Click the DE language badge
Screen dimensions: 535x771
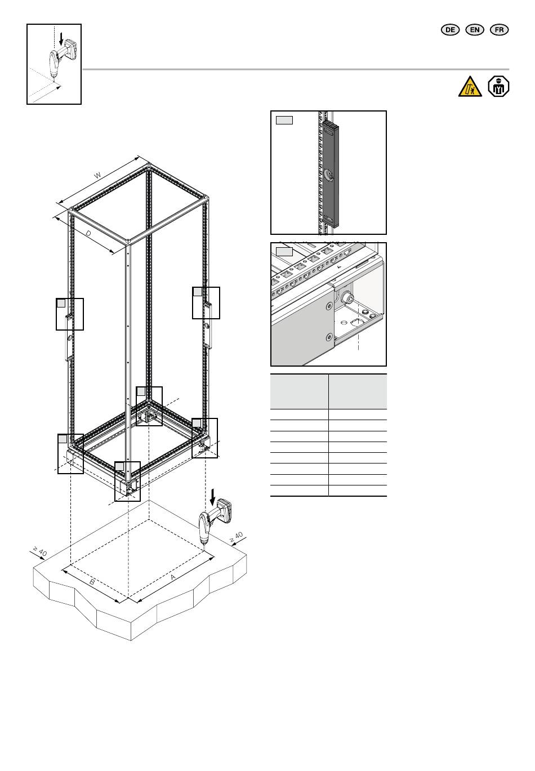pos(450,30)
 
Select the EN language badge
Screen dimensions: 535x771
pos(474,30)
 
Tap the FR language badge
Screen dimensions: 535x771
pos(499,30)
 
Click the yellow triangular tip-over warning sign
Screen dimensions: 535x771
pos(470,87)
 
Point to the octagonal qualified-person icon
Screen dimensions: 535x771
pos(498,86)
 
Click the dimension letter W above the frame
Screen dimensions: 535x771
pos(98,175)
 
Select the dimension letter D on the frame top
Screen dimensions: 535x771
pos(88,233)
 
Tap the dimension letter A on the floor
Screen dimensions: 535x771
pos(173,577)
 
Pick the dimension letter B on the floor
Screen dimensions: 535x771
pos(92,582)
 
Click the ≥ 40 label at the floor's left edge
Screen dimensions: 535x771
pos(40,551)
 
